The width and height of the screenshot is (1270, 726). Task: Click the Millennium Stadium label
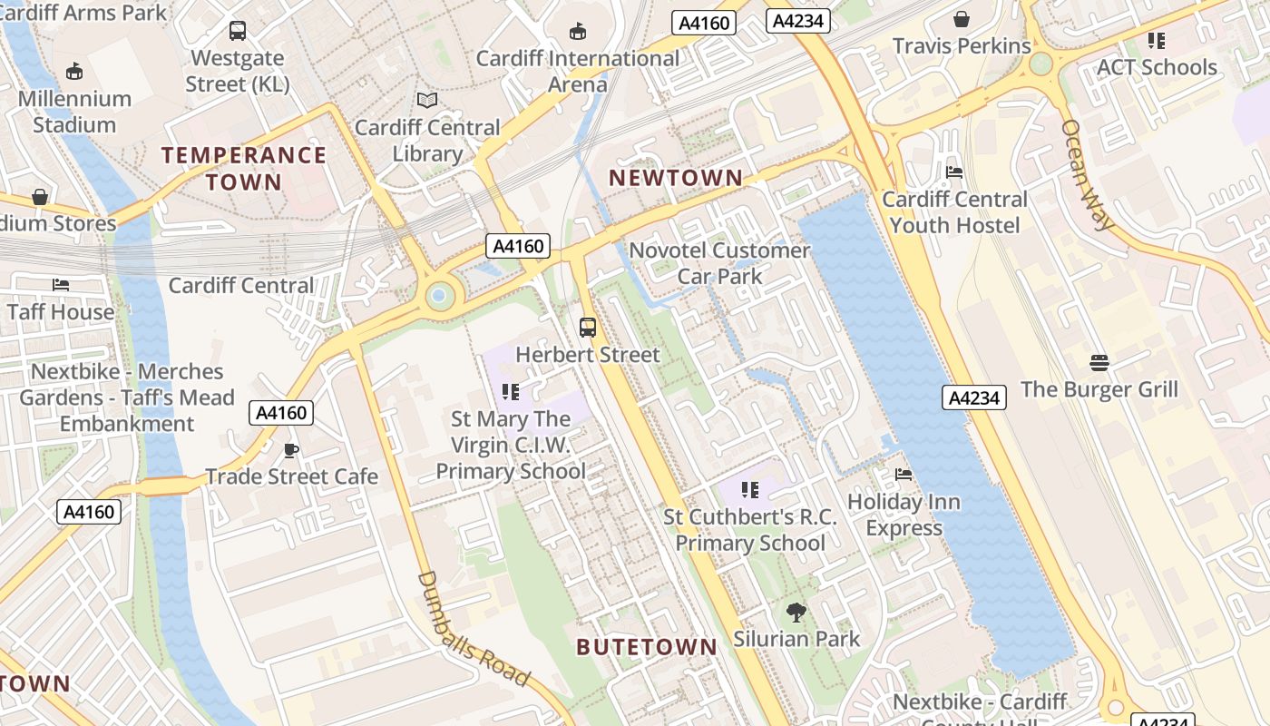74,112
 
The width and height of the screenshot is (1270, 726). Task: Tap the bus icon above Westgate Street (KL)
238,31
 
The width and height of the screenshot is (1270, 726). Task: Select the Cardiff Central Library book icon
426,100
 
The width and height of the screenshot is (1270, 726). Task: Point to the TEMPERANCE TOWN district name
244,169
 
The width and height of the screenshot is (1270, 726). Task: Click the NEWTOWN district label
676,178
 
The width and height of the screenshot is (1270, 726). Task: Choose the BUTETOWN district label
647,647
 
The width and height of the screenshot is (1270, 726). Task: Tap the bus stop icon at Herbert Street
588,328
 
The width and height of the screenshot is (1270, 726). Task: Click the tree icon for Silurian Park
796,613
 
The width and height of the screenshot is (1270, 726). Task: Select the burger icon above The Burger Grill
1099,363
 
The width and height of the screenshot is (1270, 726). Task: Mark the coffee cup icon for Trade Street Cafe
291,450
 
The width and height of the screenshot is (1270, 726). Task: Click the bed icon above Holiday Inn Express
904,475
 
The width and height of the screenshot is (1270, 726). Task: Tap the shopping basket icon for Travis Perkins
962,19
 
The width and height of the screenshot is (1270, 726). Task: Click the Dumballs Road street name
473,629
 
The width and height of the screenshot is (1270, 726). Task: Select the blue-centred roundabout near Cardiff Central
440,295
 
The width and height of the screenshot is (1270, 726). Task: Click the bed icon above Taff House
61,285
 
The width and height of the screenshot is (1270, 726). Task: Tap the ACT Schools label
1157,67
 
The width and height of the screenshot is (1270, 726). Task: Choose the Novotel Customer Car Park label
720,263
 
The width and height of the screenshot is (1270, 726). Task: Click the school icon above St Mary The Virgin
511,392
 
